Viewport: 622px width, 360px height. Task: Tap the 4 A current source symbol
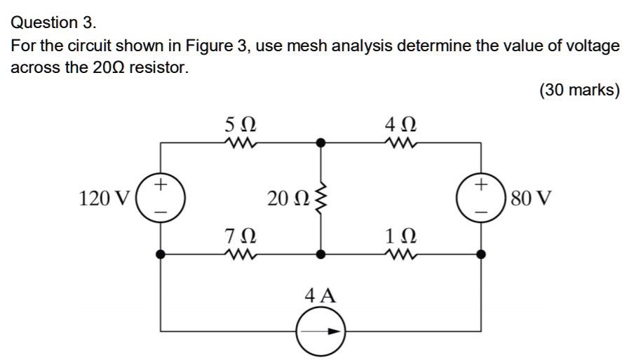[321, 331]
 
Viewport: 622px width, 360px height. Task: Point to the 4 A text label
[320, 295]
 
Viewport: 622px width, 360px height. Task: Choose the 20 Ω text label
[286, 199]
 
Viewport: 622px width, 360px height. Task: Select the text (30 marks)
[579, 91]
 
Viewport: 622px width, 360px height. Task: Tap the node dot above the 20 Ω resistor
[321, 142]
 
